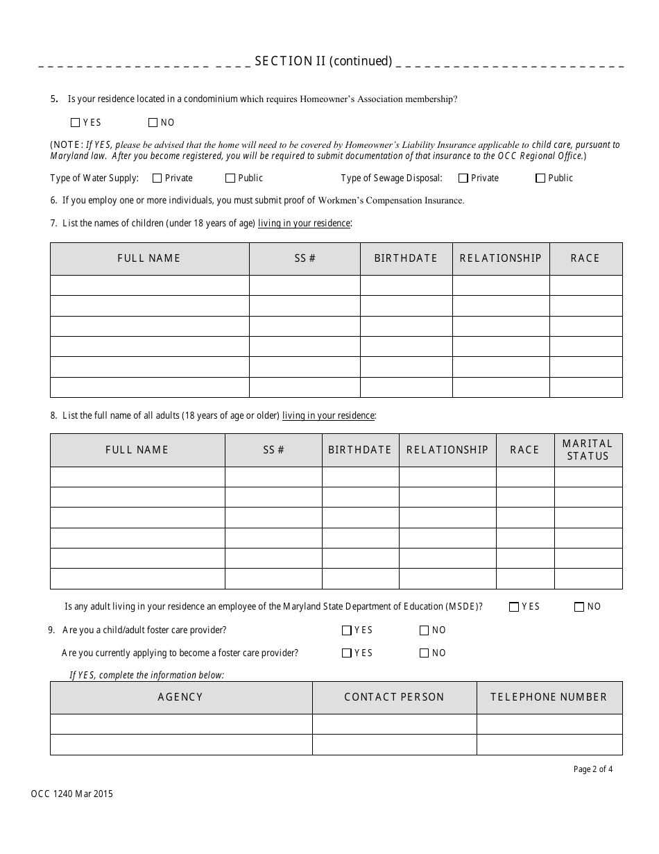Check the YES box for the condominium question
pos(76,123)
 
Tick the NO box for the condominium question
pos(153,123)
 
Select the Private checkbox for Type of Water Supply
pos(157,178)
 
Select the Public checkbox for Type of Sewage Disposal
pos(540,178)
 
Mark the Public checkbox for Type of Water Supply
pos(230,178)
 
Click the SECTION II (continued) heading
pos(323,61)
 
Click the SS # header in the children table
pos(305,258)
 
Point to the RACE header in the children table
pos(585,258)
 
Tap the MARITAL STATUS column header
pos(588,450)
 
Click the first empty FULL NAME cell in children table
pos(149,285)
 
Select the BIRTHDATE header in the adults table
pos(360,450)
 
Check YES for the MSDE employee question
pos(514,607)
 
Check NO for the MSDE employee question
pos(579,607)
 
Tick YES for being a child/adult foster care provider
pos(347,630)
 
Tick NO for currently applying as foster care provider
pos(425,653)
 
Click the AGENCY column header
pos(180,697)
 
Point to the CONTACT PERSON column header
pos(394,697)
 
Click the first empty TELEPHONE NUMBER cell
pos(549,724)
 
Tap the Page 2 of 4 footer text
pos(593,769)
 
